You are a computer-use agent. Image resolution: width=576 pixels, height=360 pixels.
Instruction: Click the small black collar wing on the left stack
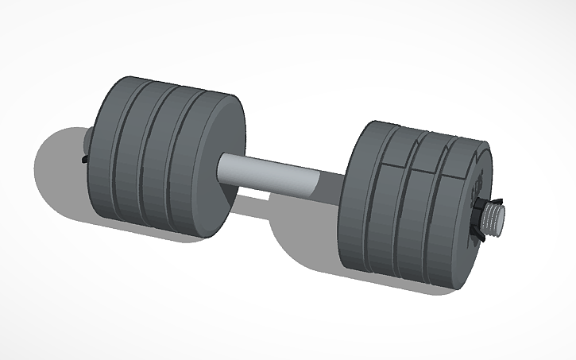(x=85, y=160)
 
